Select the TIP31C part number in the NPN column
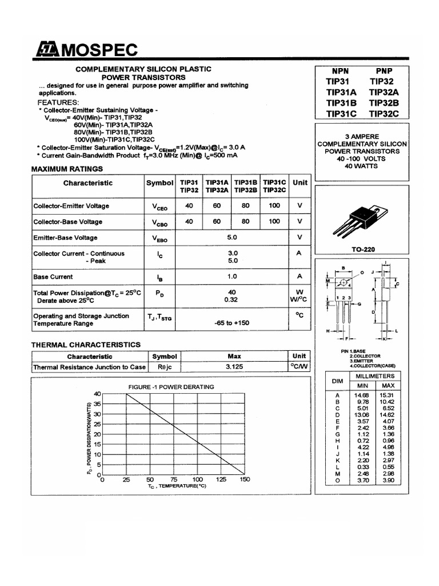tap(341, 113)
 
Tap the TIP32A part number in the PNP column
tap(384, 92)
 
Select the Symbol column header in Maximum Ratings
tap(159, 183)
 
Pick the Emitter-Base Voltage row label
tap(65, 237)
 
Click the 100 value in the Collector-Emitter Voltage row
tap(274, 205)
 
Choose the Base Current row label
tap(53, 276)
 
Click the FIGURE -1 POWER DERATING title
tap(171, 387)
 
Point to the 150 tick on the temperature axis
tap(245, 480)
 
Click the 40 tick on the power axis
tap(97, 394)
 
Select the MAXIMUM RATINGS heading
tap(67, 169)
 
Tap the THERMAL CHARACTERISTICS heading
tap(85, 345)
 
